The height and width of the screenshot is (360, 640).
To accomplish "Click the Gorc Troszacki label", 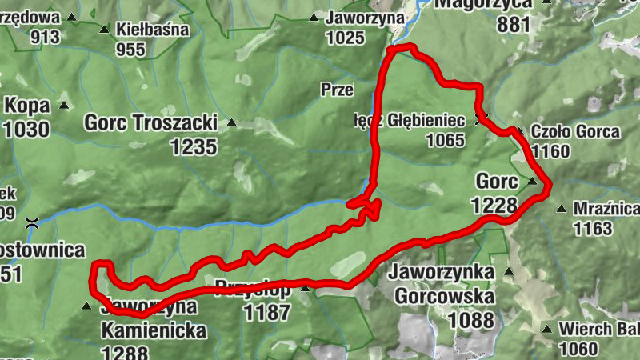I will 151,122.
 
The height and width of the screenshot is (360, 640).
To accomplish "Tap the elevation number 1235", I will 194,146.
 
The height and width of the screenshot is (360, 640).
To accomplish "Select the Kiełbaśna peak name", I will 152,30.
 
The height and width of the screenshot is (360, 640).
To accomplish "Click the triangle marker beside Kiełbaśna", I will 104,30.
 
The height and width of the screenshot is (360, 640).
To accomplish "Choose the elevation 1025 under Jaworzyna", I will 346,37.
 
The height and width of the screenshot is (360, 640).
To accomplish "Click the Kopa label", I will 27,106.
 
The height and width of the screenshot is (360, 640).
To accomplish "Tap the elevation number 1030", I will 26,129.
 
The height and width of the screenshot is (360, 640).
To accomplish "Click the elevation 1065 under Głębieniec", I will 446,141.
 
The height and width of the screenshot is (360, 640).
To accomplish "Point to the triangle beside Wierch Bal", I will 546,329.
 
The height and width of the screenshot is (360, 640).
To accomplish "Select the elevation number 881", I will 514,23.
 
